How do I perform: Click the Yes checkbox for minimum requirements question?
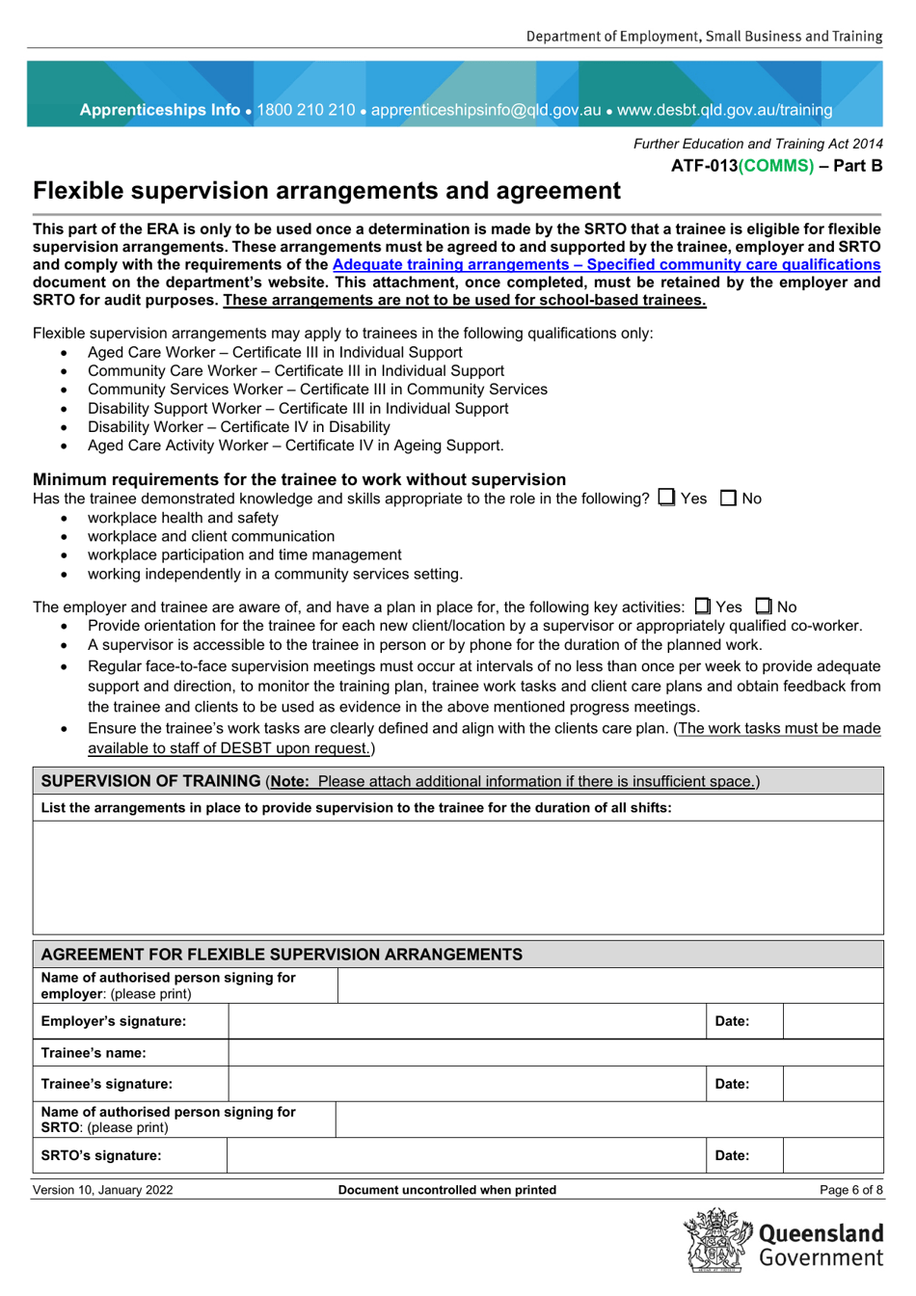pos(666,498)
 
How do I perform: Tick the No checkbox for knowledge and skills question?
pos(729,499)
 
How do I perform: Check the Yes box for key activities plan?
pos(703,607)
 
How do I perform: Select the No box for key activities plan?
pos(764,607)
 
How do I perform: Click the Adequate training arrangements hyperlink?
pos(606,264)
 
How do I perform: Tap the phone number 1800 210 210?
pos(306,110)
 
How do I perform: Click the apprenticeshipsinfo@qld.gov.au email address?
pos(486,110)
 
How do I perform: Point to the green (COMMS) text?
pos(776,166)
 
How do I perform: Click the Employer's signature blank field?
pos(467,1021)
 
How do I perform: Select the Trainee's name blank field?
pos(554,1053)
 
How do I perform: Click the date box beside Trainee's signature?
pos(832,1084)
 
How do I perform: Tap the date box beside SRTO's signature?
pos(832,1155)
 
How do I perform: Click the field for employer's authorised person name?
pos(609,985)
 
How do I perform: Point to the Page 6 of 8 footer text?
pos(850,1190)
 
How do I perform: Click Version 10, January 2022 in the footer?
pos(103,1190)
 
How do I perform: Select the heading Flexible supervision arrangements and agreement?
pos(327,191)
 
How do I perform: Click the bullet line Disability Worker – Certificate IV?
pos(238,427)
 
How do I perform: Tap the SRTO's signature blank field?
pos(467,1155)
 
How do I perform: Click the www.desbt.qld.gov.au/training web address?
pos(724,110)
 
